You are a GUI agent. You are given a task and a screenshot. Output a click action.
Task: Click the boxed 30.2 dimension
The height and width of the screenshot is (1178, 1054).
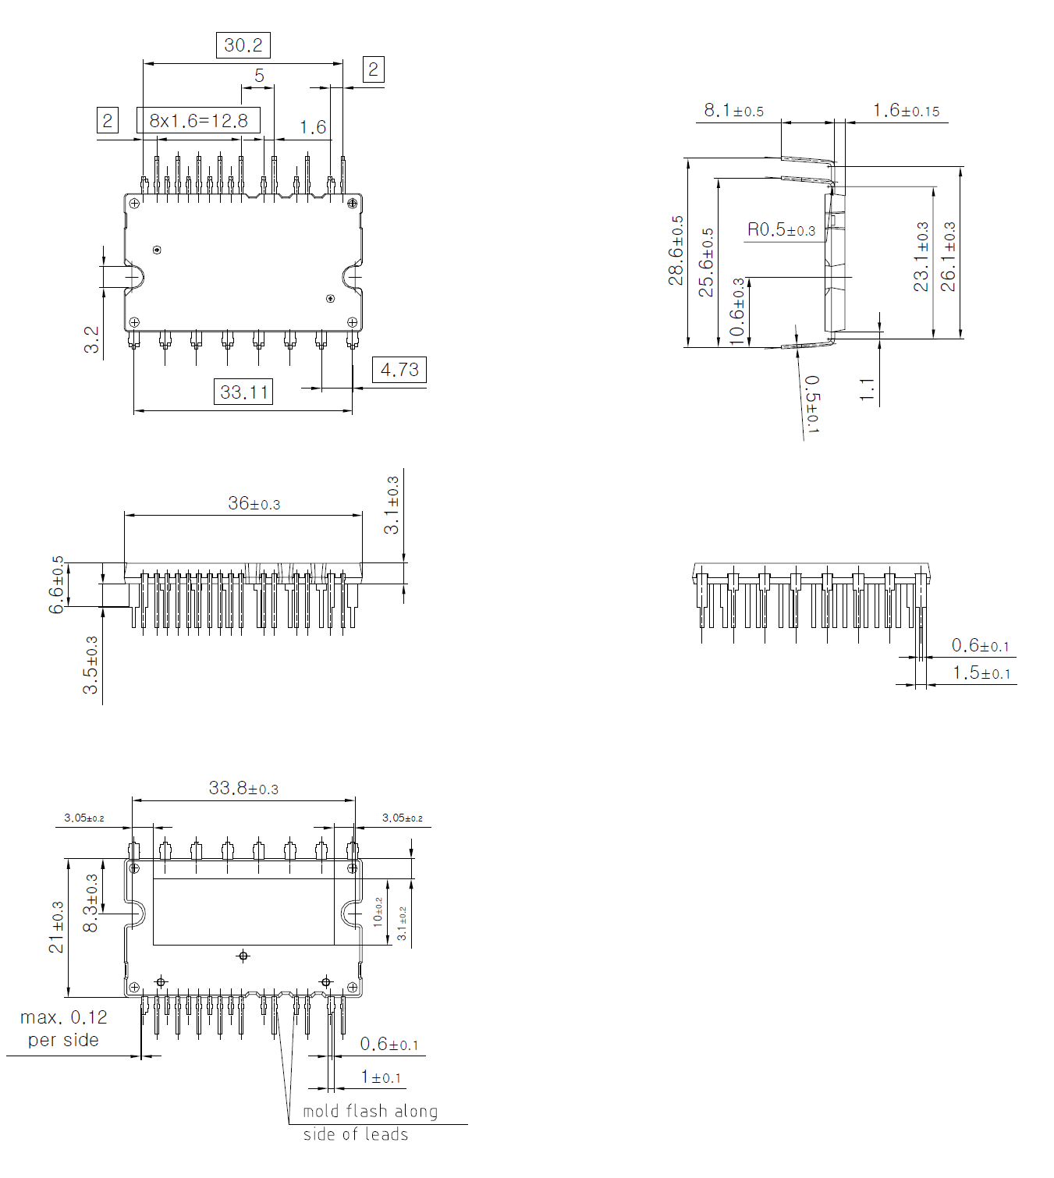pos(243,45)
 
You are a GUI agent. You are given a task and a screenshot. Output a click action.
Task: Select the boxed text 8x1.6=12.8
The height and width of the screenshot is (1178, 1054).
pos(198,121)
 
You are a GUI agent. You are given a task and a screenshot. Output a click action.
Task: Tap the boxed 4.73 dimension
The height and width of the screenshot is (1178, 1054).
pos(399,370)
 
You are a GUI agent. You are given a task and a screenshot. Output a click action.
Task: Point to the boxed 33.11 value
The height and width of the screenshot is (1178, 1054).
pos(243,392)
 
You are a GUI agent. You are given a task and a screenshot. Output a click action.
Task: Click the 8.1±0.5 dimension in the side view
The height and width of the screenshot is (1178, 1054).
pos(733,111)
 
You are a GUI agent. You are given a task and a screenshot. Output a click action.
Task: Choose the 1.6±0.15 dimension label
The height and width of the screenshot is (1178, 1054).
pos(906,111)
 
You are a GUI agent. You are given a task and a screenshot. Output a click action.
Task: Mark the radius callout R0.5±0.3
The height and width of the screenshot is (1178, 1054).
pos(781,230)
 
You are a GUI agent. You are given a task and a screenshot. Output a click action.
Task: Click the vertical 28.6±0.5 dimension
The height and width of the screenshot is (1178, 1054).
pos(676,250)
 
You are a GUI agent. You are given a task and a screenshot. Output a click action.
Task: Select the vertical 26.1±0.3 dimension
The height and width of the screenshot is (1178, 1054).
pos(948,257)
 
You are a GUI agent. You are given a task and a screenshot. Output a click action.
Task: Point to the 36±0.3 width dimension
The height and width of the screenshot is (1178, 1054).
pos(254,504)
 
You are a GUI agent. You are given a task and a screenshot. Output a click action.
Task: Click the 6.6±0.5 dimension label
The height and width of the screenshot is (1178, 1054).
pos(57,584)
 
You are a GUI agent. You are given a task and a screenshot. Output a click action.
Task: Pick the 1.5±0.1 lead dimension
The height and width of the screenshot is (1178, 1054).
pos(981,673)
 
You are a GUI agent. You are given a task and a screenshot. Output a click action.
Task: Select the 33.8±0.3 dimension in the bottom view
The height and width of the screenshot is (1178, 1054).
pos(243,789)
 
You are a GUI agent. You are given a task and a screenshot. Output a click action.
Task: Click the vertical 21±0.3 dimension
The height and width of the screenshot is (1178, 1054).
pos(57,927)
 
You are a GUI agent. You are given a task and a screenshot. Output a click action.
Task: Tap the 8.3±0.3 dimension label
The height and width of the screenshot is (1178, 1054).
pos(91,903)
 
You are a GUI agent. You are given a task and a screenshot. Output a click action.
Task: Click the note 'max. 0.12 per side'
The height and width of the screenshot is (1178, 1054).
pos(63,1028)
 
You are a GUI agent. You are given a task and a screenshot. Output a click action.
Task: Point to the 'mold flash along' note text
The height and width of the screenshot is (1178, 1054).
pos(370,1111)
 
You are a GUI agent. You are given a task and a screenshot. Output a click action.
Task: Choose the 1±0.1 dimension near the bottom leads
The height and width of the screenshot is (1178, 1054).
pos(381,1077)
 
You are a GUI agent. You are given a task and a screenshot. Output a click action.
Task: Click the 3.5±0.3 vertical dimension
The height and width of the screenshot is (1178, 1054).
pos(91,665)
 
